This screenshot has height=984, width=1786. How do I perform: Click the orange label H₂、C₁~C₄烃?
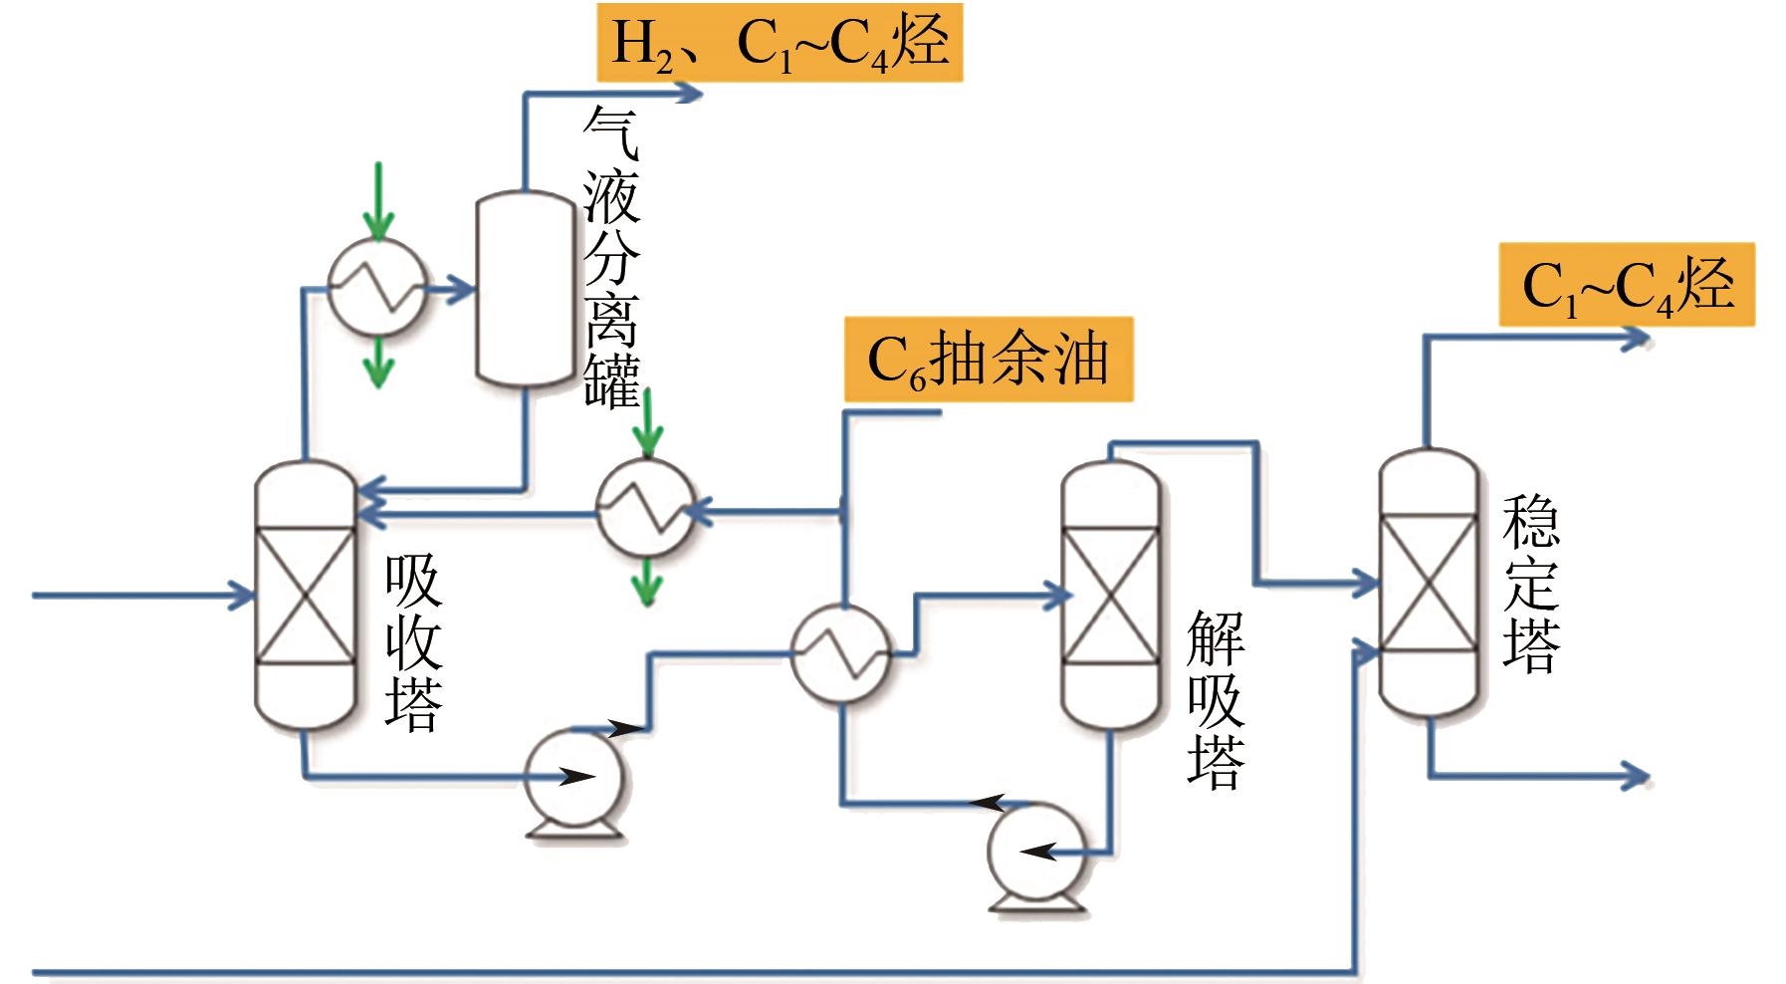click(780, 42)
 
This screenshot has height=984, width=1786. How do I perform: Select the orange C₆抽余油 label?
click(988, 360)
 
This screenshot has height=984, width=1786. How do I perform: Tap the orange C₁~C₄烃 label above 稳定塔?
click(1627, 285)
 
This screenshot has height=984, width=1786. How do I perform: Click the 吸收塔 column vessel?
click(305, 596)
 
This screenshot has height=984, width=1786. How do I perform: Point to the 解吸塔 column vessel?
click(1109, 596)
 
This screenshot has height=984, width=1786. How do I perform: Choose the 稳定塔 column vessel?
click(1428, 583)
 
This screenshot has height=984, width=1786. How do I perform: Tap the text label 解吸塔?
click(1216, 700)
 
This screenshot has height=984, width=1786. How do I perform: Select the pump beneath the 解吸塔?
click(1037, 853)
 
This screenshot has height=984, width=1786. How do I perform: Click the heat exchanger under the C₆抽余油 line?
click(646, 508)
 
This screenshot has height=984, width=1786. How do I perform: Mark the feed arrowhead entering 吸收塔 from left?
click(242, 595)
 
